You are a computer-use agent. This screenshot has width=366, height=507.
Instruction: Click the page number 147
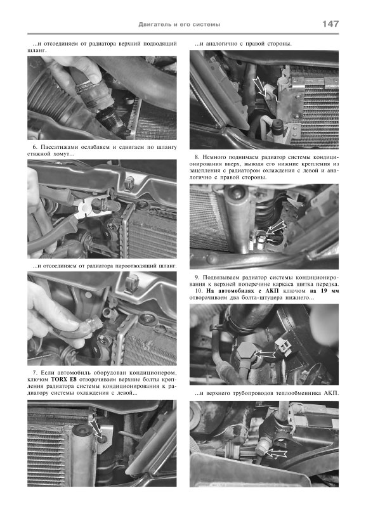click(330, 24)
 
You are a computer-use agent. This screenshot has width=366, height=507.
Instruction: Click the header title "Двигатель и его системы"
click(180, 25)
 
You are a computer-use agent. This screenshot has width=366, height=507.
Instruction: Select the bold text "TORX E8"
click(64, 379)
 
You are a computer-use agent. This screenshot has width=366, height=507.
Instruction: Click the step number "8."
click(197, 157)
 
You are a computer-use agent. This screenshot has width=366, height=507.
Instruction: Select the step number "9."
click(197, 278)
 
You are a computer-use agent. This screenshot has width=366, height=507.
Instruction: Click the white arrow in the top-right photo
click(260, 88)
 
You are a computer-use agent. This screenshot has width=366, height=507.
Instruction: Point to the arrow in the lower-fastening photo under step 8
click(275, 228)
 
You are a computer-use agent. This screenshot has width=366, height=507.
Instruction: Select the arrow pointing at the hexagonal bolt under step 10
click(264, 355)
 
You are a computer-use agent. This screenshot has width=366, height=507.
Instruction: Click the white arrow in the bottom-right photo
click(275, 453)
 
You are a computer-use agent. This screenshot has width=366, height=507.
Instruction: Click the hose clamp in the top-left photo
click(85, 86)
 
